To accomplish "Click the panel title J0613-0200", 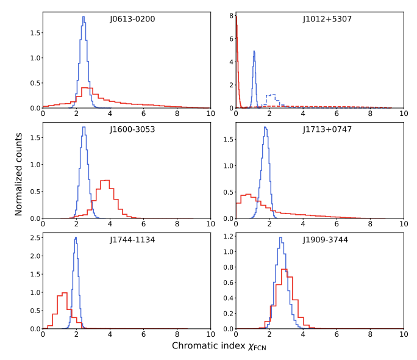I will tap(132, 19).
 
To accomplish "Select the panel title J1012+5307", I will tap(327, 19).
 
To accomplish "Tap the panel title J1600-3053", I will tap(132, 129).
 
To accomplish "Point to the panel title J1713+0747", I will tap(327, 129).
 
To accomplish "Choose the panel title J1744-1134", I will tap(132, 240).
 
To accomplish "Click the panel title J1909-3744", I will tap(327, 240).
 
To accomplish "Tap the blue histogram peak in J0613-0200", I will tap(84, 17).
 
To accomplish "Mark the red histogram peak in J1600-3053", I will tap(105, 181).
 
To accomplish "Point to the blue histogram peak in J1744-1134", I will tap(76, 238).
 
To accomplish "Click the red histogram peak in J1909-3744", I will tap(289, 278).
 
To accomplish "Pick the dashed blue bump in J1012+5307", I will tap(272, 95).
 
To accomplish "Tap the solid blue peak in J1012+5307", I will tap(254, 51).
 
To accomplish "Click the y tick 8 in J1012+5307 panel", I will tap(230, 14).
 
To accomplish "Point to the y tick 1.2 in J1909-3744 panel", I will tap(227, 236).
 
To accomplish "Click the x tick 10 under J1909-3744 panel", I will tap(403, 334).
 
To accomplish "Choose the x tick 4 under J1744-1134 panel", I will tap(110, 334).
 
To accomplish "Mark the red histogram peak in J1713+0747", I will tap(249, 195).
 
